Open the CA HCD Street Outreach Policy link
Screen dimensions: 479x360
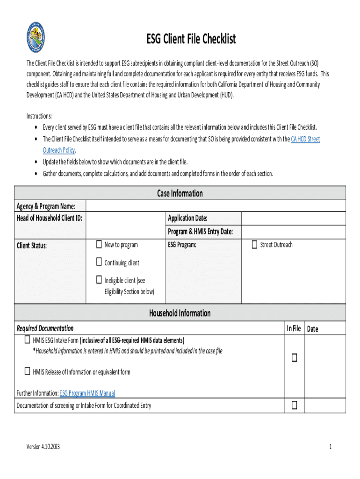pos(305,139)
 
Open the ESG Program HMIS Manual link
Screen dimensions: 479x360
pos(87,393)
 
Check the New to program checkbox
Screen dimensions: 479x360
pos(99,244)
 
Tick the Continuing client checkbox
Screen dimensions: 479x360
pos(99,262)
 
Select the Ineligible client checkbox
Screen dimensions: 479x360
pos(99,280)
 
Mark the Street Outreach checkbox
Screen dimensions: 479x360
pos(254,244)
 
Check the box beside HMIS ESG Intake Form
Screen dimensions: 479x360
pos(28,340)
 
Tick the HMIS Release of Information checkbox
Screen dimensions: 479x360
pos(28,371)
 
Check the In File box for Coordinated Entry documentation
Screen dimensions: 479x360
pos(295,405)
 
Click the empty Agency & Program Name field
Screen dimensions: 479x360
pos(216,206)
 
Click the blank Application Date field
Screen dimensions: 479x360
pos(293,218)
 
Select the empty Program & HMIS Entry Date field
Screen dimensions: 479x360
pos(293,232)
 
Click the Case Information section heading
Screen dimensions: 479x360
pos(180,193)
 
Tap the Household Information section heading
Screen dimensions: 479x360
pos(180,313)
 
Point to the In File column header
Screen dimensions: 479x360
pos(294,328)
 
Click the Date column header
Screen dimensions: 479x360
pos(312,329)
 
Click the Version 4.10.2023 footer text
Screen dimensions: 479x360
pos(43,447)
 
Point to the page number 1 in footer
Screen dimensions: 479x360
pos(330,447)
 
